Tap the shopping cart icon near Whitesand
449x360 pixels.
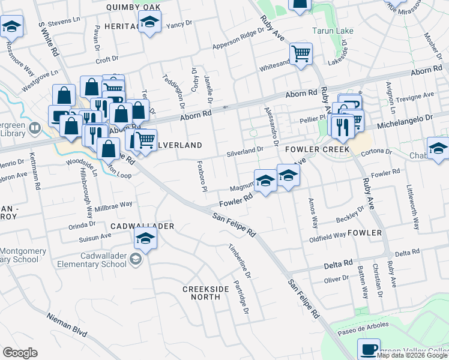click(301, 53)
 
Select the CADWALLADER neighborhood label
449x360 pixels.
click(143, 226)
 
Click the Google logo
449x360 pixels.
click(20, 353)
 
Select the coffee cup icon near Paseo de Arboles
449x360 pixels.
click(369, 348)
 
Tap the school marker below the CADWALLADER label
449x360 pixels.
click(144, 240)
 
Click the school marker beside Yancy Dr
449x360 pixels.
click(149, 23)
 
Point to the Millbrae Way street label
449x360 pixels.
click(113, 204)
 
